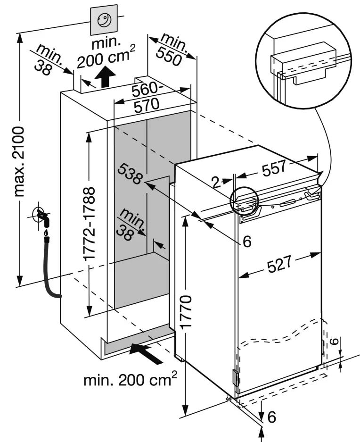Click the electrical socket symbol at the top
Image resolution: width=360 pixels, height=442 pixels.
(103, 20)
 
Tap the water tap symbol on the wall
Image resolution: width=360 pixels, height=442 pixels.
(41, 217)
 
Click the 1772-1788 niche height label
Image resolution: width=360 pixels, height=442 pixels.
(90, 224)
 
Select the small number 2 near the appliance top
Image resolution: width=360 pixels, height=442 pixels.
(216, 182)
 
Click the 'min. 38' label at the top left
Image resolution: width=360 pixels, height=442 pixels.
(47, 58)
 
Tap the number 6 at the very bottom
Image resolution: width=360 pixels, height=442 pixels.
(271, 417)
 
